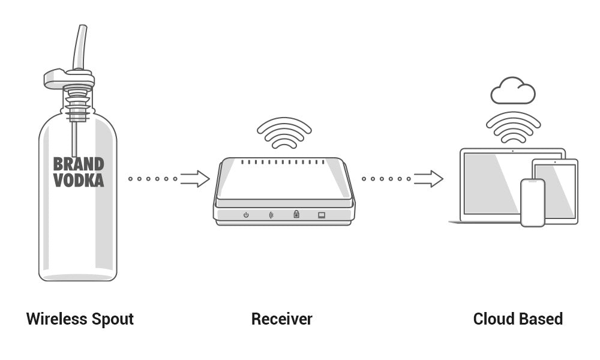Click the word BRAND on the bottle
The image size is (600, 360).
coord(79,164)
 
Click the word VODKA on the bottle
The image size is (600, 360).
coord(79,179)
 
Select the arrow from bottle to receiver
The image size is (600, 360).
coord(194,179)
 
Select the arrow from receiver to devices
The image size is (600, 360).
coord(428,179)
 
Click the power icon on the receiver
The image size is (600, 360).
coord(246,215)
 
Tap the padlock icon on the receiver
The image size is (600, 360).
coord(296,214)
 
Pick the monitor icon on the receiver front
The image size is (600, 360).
coord(322,215)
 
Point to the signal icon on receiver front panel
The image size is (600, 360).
coord(271,215)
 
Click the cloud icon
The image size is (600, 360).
coord(512,91)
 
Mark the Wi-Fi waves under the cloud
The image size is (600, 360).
coord(513,127)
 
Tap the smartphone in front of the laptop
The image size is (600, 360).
coord(532,202)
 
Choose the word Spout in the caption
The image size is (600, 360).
coord(113,319)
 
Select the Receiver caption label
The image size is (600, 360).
coord(281,319)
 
